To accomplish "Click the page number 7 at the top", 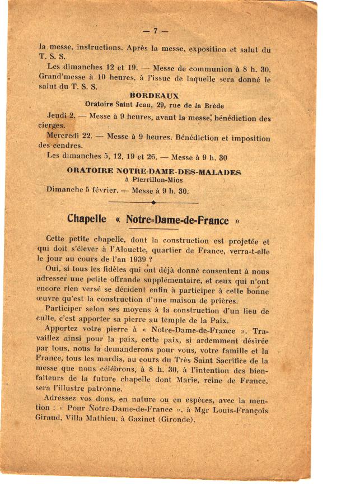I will pos(155,31).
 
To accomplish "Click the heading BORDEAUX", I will pos(154,96).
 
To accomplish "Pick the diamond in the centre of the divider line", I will pos(153,202).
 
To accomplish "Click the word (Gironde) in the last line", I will pos(174,419).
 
